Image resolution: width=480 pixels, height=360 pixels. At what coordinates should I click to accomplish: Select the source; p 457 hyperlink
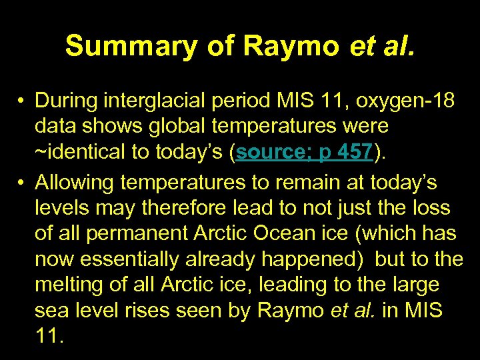click(x=303, y=152)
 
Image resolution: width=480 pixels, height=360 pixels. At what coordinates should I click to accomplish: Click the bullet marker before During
click(x=23, y=101)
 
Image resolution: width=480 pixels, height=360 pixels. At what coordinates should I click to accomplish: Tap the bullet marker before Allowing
click(x=23, y=180)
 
